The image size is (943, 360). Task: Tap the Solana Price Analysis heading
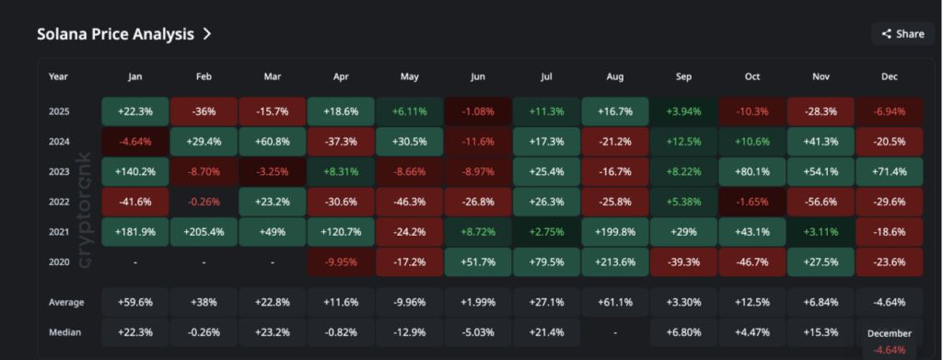[x=115, y=34]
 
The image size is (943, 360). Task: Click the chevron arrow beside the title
[x=207, y=34]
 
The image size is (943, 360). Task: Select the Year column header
[x=58, y=76]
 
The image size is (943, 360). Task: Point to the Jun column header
[x=478, y=76]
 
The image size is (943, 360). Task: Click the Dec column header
[x=891, y=76]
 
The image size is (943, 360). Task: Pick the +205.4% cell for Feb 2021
[x=204, y=231]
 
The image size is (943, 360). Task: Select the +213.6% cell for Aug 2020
[x=615, y=261]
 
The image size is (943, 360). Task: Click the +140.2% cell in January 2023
[x=134, y=171]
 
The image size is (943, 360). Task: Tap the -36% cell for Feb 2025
[x=204, y=110]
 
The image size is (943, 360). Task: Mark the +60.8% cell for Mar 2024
[x=272, y=141]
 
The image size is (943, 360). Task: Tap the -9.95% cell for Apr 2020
[x=341, y=261]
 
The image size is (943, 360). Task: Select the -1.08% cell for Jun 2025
[x=478, y=110]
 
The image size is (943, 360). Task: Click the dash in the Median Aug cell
[x=615, y=331]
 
